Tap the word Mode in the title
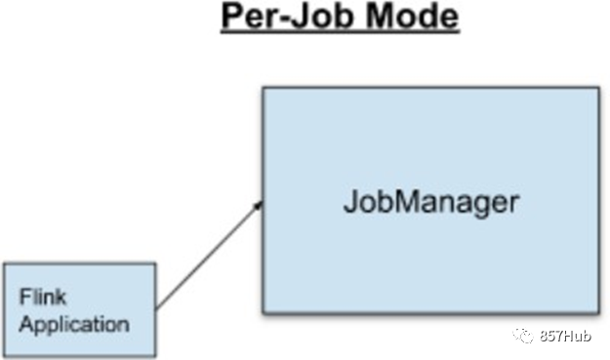pyautogui.click(x=413, y=16)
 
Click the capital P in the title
pyautogui.click(x=232, y=16)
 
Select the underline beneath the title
pyautogui.click(x=341, y=32)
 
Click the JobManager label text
pyautogui.click(x=431, y=201)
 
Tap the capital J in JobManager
pyautogui.click(x=350, y=201)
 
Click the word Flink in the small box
pyautogui.click(x=43, y=297)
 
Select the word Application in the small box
pyautogui.click(x=74, y=325)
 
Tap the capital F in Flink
pyautogui.click(x=25, y=297)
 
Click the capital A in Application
pyautogui.click(x=27, y=324)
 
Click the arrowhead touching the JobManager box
pyautogui.click(x=259, y=205)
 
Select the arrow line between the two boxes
pyautogui.click(x=209, y=255)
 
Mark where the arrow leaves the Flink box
pyautogui.click(x=156, y=309)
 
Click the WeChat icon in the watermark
pyautogui.click(x=523, y=336)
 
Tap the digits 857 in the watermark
pyautogui.click(x=550, y=336)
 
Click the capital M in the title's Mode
pyautogui.click(x=381, y=16)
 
